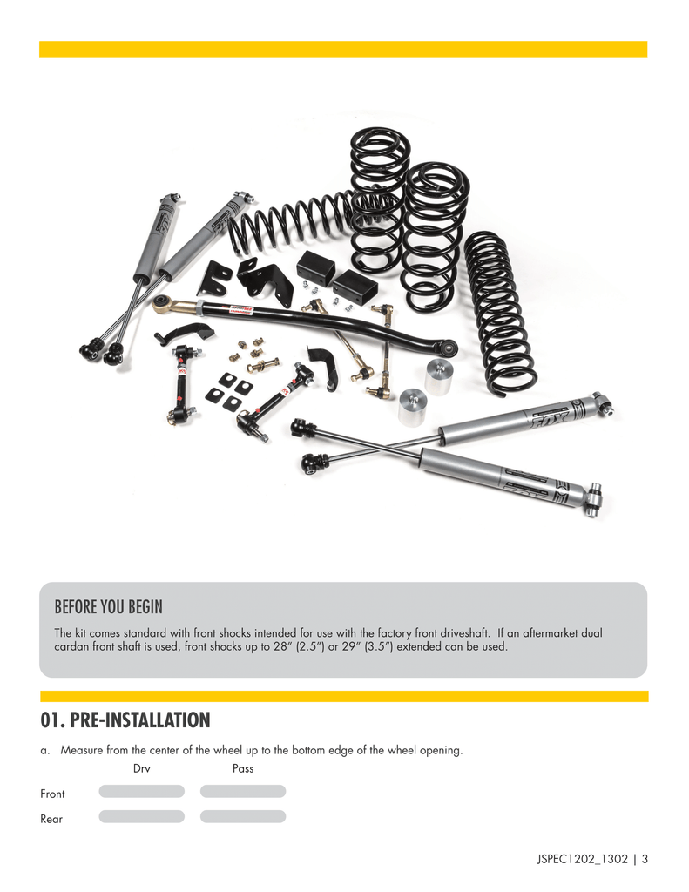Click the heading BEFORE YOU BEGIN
(x=109, y=605)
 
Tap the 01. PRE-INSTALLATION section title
(x=125, y=720)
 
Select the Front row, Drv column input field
(x=142, y=791)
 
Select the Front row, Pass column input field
(x=243, y=791)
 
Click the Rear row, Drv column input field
(x=142, y=816)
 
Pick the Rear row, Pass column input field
(x=243, y=816)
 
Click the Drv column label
(x=142, y=768)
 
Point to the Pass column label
(x=243, y=768)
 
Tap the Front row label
(x=52, y=794)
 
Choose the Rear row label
(x=51, y=819)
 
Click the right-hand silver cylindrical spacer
(x=439, y=375)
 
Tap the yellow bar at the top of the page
(x=343, y=50)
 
